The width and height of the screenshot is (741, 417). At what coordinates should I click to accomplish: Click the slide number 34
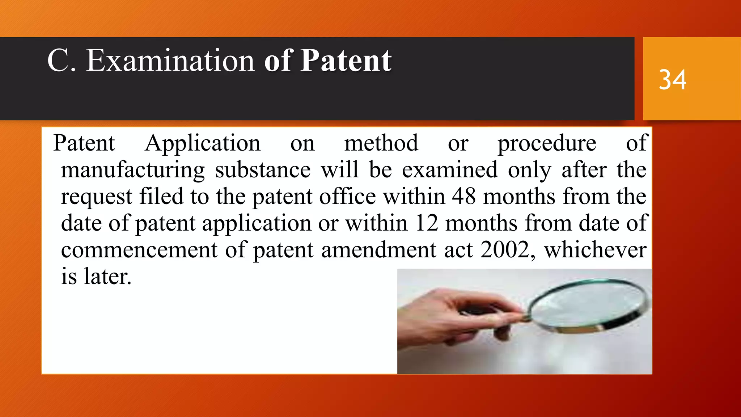[x=672, y=80]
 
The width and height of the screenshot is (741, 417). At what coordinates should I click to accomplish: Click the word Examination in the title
[x=170, y=60]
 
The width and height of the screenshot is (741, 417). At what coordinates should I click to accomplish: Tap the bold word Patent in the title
[x=346, y=60]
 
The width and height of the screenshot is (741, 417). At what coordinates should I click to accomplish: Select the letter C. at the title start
[x=62, y=60]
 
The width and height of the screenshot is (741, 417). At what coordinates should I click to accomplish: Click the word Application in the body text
[x=203, y=143]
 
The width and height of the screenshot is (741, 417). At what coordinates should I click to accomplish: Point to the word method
[x=381, y=143]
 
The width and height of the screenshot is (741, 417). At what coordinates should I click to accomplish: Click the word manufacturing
[x=133, y=170]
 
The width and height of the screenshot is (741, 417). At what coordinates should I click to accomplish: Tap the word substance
[x=263, y=170]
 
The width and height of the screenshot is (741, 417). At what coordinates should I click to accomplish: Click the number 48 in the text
[x=463, y=197]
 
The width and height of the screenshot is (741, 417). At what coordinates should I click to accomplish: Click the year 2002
[x=505, y=250]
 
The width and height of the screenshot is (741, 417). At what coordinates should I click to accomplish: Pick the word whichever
[x=595, y=250]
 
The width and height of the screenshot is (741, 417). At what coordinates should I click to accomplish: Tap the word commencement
[x=139, y=250]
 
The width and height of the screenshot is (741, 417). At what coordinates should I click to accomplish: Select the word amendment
[x=379, y=250]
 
